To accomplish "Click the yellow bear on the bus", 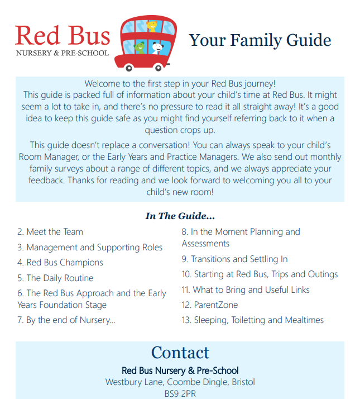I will (x=152, y=26).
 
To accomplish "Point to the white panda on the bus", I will (x=157, y=47).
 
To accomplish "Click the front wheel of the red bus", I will (x=164, y=67).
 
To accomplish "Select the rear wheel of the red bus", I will (x=129, y=68).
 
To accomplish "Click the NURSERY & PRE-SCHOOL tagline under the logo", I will (x=63, y=54).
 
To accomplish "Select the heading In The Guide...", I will (x=180, y=216).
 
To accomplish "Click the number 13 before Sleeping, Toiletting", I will (x=186, y=320).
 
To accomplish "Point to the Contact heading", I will (x=180, y=353).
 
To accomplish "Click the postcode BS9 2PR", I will (x=180, y=393).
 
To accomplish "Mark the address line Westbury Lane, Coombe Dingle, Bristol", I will (x=180, y=382).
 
